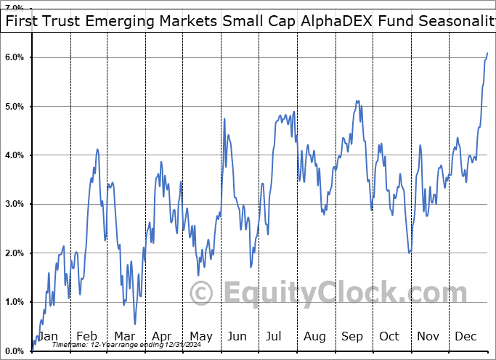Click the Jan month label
47,337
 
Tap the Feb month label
86,337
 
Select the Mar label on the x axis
124,337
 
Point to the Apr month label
162,337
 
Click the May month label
200,337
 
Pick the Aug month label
315,337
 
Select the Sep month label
353,337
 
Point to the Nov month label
428,337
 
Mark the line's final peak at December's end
487,53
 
